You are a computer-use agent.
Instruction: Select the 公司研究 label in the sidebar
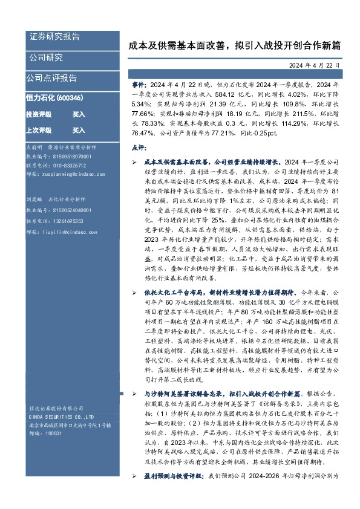pyautogui.click(x=46, y=57)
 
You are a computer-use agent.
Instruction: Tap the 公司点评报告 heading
pyautogui.click(x=51, y=78)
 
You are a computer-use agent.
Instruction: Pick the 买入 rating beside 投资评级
pyautogui.click(x=79, y=114)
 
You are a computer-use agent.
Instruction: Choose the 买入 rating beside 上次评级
pyautogui.click(x=79, y=130)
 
